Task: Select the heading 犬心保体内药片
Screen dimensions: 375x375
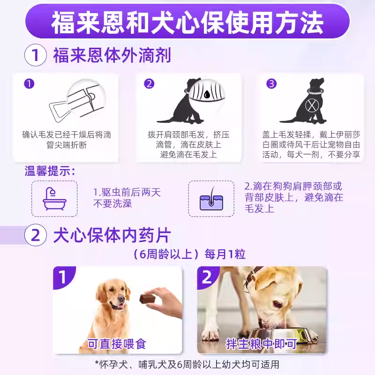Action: [x=112, y=236]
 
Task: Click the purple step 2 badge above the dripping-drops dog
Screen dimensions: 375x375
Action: [x=149, y=84]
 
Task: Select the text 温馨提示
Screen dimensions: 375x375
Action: [x=50, y=171]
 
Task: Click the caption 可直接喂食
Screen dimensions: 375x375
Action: [x=117, y=344]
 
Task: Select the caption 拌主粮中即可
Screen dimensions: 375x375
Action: [x=261, y=344]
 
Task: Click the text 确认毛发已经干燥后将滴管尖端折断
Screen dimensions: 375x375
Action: [x=67, y=139]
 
